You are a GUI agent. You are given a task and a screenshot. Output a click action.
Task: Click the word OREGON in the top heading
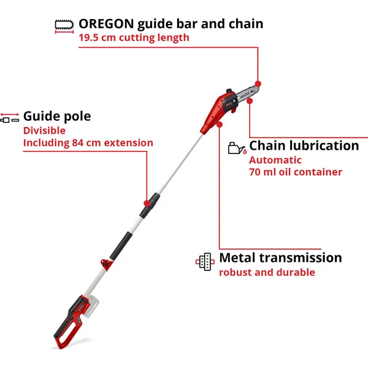106,24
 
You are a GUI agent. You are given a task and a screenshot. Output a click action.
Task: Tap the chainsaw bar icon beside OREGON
64,26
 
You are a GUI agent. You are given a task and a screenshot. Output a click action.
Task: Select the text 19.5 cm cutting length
134,37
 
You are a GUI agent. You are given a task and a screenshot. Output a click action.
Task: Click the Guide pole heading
57,116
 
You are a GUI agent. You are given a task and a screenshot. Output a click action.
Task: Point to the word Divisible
44,131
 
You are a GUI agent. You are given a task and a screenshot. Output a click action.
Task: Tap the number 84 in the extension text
78,143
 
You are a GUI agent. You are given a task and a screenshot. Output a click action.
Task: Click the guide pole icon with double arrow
10,118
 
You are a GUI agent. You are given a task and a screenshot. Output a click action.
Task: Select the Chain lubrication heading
304,145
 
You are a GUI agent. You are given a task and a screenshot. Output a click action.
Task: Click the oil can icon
237,148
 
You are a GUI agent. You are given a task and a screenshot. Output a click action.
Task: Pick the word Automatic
275,160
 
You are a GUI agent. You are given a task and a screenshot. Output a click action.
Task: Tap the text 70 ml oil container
296,172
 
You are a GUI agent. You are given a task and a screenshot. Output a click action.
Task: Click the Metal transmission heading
280,258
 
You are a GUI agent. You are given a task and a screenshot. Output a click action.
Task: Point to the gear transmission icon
205,261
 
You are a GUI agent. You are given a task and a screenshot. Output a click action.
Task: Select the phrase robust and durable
267,272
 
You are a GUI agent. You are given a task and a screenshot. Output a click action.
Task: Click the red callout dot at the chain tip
258,84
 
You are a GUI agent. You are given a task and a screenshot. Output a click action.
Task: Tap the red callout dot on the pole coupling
147,203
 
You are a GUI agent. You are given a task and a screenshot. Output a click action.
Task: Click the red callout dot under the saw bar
250,101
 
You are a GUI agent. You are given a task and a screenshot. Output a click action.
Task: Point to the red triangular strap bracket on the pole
106,264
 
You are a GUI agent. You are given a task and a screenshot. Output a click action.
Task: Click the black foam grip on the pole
121,246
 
